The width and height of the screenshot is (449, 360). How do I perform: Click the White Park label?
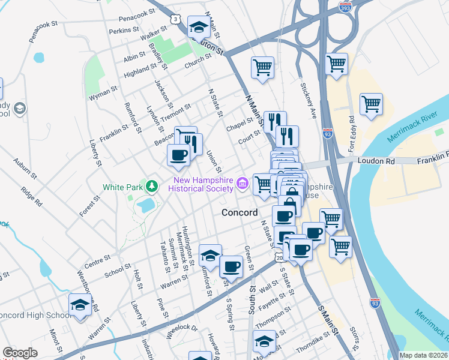point(122,187)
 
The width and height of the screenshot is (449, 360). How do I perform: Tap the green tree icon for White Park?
point(152,186)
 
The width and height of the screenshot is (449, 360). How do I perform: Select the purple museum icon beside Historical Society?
point(242,184)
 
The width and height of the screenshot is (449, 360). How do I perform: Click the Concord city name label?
point(240,212)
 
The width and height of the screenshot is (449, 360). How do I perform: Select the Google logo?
point(20,353)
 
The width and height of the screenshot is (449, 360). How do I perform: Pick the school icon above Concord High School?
point(80,305)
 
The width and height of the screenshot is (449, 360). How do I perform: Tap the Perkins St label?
point(124,29)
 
